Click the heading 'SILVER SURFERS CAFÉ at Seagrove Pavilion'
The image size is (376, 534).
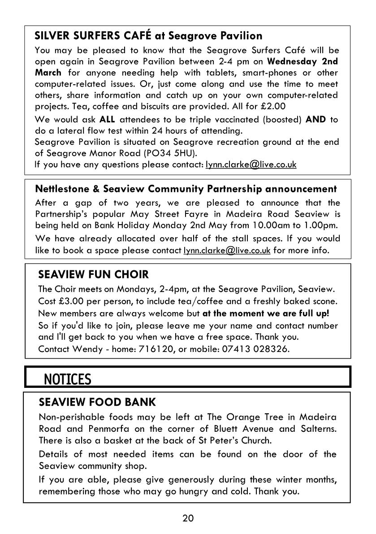pos(148,35)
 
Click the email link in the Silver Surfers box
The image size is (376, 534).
pos(251,165)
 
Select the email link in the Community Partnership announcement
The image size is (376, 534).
pos(227,250)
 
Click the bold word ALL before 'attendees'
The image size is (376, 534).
pos(107,120)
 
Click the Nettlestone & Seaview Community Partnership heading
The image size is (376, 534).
pos(186,189)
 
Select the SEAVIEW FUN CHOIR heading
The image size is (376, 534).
pos(93,274)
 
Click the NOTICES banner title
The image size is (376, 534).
pos(68,379)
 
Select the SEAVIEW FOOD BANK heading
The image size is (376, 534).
pos(97,401)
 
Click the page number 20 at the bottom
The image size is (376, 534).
pos(188,518)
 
